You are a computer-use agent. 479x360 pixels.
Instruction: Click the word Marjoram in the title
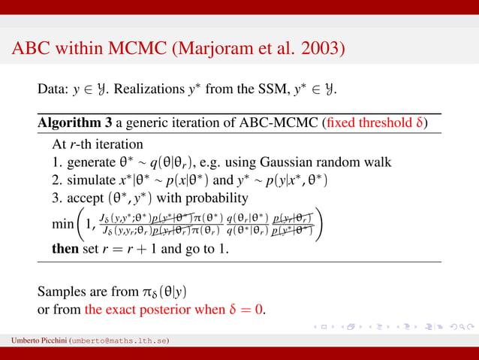coord(207,50)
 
